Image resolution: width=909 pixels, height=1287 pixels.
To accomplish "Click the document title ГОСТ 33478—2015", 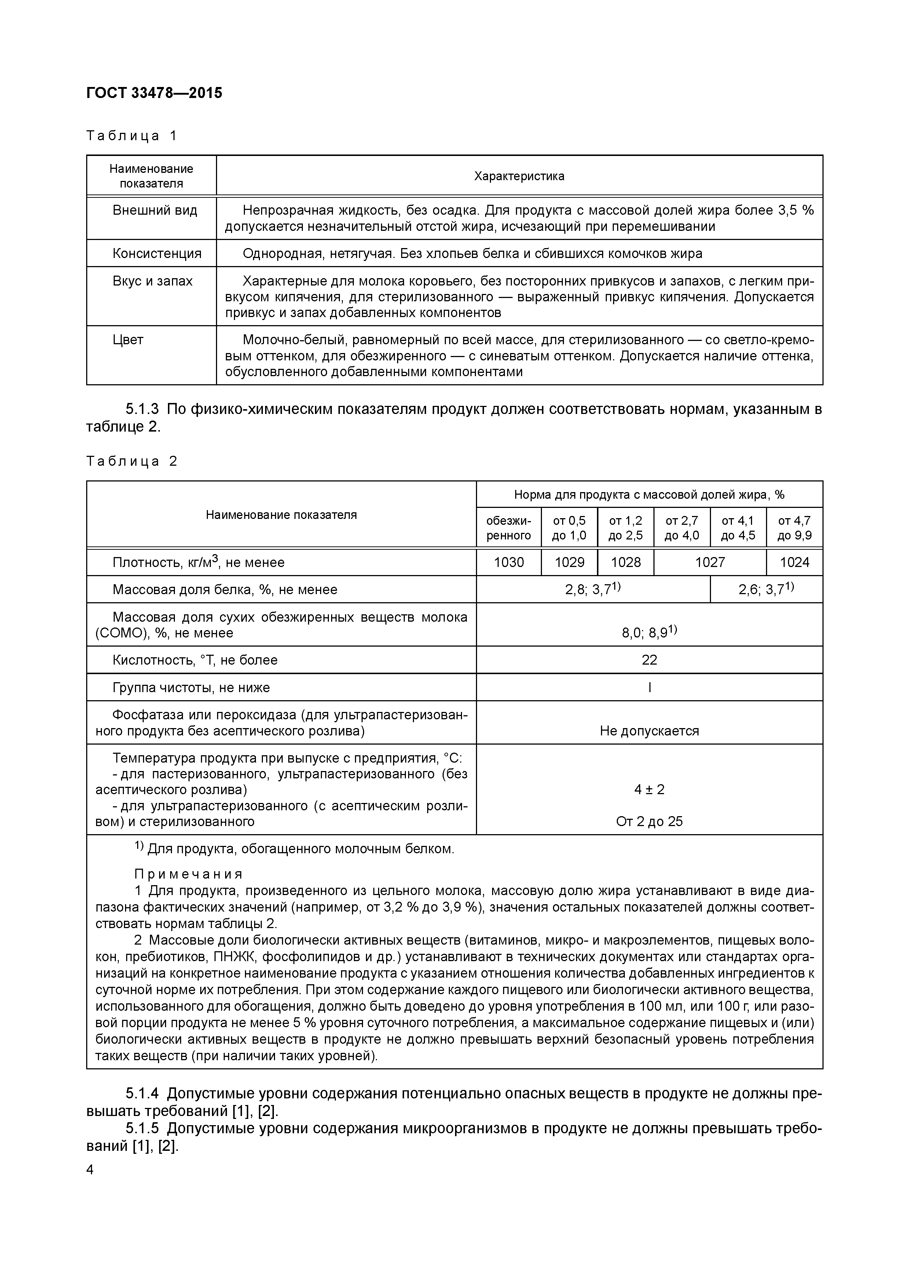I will (154, 92).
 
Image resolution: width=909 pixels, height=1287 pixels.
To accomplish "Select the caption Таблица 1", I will (132, 136).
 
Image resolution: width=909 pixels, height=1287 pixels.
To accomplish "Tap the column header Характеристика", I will (519, 176).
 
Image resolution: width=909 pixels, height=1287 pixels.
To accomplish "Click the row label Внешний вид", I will (155, 210).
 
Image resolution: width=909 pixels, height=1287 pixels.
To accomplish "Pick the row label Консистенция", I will (157, 253).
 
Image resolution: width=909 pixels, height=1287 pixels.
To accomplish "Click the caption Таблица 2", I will (132, 461).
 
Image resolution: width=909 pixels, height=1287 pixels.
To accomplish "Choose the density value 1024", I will (794, 562).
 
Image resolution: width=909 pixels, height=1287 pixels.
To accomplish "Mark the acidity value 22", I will (649, 660).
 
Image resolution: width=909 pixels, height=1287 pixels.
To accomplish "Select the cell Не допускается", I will (649, 731).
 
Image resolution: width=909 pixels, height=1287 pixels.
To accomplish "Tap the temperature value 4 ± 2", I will (649, 790).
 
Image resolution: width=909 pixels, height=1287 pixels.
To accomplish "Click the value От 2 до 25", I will (649, 822).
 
